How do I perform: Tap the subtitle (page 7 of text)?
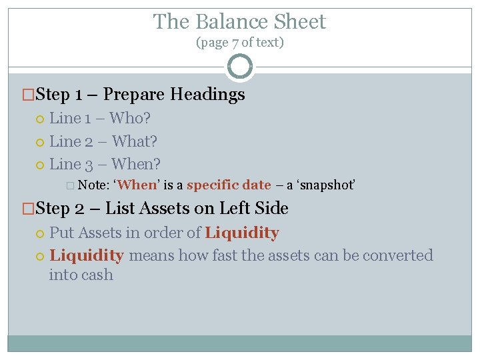[239, 43]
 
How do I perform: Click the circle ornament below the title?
[240, 67]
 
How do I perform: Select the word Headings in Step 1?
[207, 95]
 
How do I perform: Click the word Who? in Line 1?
[130, 119]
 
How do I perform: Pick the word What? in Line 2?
[135, 141]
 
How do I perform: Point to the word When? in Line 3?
[136, 164]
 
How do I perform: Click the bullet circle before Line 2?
[39, 142]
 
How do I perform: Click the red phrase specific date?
[229, 185]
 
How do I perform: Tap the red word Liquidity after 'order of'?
[242, 233]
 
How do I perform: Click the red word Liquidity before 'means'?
[87, 255]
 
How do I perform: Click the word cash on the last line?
[97, 275]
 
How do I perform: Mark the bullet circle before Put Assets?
[39, 233]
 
